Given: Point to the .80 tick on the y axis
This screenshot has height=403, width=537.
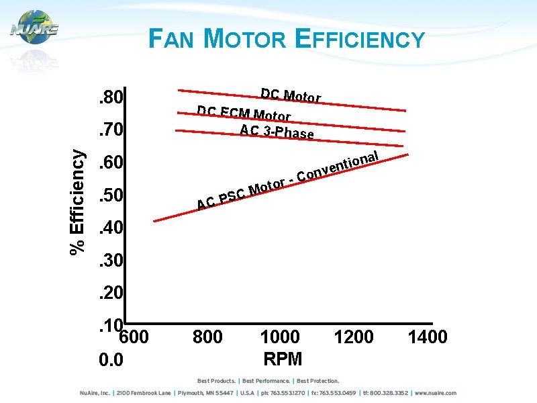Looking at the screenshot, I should point(109,99).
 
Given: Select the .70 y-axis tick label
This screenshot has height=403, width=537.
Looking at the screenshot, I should point(109,129).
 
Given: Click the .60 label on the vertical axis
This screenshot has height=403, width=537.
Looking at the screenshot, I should point(109,163).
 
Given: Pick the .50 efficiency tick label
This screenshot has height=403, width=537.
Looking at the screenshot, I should point(109,196).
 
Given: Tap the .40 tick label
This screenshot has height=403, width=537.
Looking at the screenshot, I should point(109,228).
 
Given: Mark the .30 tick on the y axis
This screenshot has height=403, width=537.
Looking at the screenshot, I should point(109,261).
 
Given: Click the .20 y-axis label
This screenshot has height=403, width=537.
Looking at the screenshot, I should point(109,294).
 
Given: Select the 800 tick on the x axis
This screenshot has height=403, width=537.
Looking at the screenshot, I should point(207,337).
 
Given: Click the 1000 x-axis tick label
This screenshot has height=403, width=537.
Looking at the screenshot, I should point(280,337).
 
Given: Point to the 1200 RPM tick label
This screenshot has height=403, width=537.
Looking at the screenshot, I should point(354,337).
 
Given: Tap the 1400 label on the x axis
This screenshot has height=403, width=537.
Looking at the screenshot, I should point(427,337).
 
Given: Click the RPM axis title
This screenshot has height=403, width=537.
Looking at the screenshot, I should point(283,358).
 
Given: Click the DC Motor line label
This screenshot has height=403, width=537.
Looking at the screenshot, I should point(291,95).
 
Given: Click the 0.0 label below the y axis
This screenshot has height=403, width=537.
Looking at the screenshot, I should point(111,361).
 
